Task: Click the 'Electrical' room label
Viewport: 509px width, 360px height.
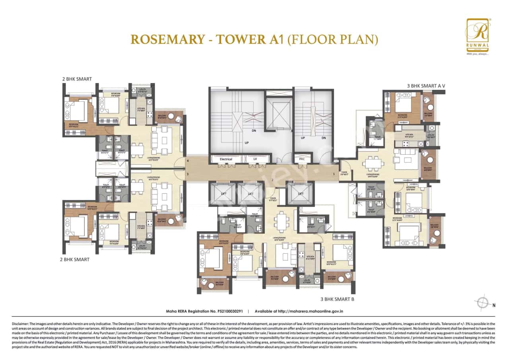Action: (x=226, y=159)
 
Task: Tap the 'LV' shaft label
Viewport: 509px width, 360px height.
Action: (x=255, y=159)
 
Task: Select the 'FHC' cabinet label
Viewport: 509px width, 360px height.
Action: (x=302, y=159)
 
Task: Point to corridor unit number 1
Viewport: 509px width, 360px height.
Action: (x=334, y=174)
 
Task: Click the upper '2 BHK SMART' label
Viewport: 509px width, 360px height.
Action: (x=77, y=79)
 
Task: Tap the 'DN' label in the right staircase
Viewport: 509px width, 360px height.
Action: (x=324, y=138)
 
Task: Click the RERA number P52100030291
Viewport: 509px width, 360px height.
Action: (x=228, y=311)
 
